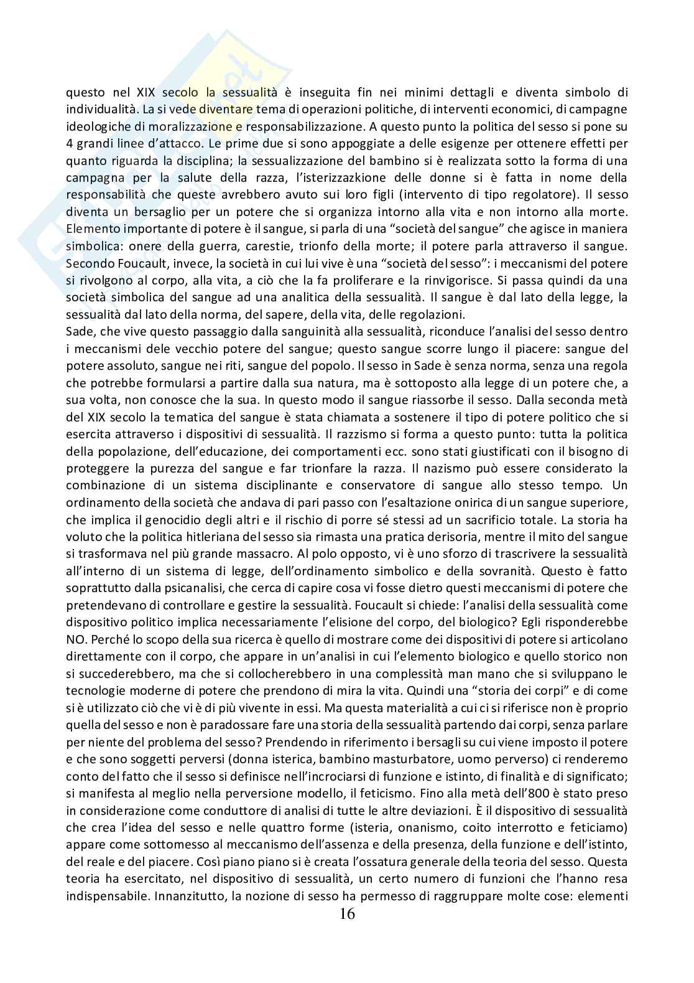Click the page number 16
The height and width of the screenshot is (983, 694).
coord(347,913)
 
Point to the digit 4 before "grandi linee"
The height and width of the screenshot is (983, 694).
coord(70,126)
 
